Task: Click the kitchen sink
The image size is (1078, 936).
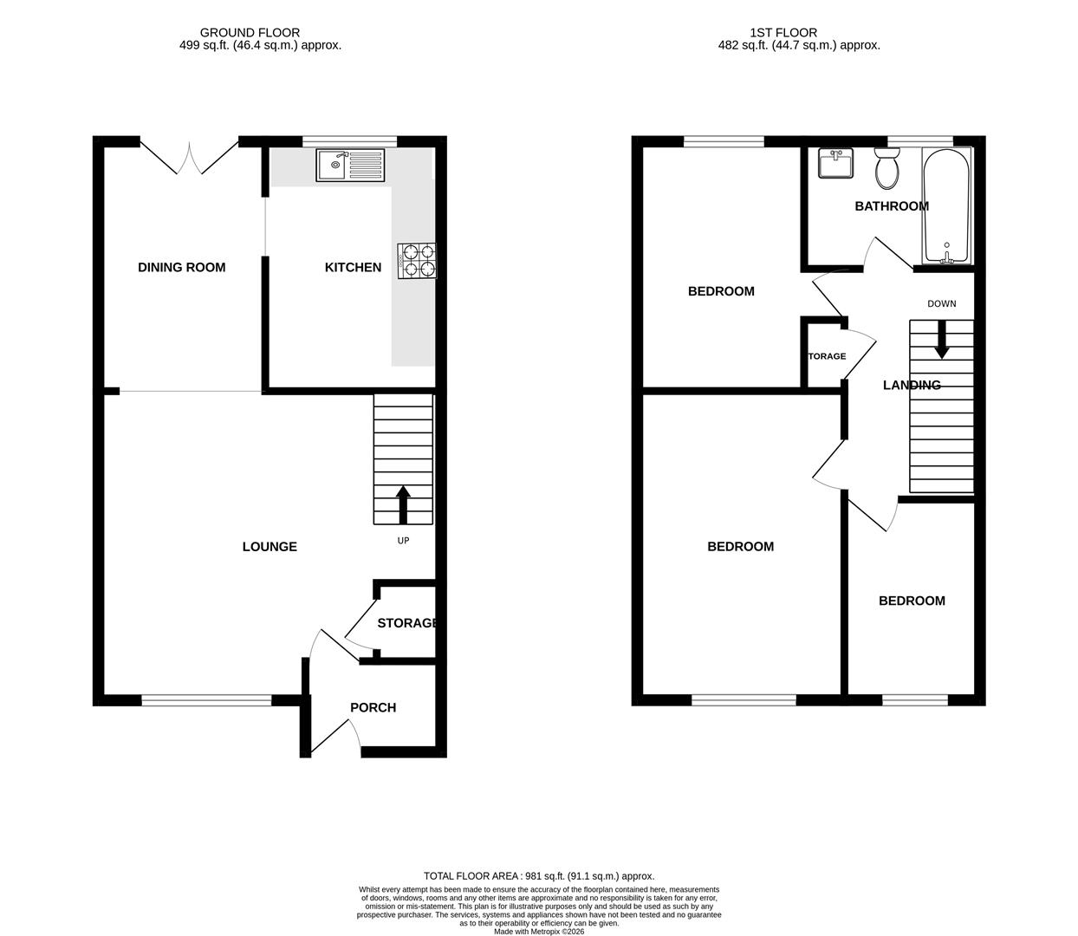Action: click(x=350, y=166)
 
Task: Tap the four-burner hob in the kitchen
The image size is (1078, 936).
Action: click(x=417, y=261)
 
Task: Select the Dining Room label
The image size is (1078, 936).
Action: click(x=181, y=267)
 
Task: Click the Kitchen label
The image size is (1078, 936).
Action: click(x=353, y=267)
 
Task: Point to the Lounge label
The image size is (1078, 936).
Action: click(x=269, y=546)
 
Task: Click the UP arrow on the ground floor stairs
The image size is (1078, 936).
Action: click(x=403, y=504)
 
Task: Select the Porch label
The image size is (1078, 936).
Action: click(x=373, y=707)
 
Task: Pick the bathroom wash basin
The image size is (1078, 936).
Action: click(x=835, y=164)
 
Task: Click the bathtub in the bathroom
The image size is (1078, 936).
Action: click(x=947, y=206)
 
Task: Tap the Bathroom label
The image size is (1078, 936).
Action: click(x=892, y=206)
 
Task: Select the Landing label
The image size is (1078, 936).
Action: click(x=912, y=385)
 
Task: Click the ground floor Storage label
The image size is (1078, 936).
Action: click(x=406, y=622)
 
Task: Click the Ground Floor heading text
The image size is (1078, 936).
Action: click(x=250, y=33)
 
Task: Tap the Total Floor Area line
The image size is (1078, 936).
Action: click(x=538, y=876)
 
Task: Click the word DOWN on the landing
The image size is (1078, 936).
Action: click(x=942, y=303)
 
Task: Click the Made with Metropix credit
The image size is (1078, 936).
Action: click(x=538, y=932)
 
